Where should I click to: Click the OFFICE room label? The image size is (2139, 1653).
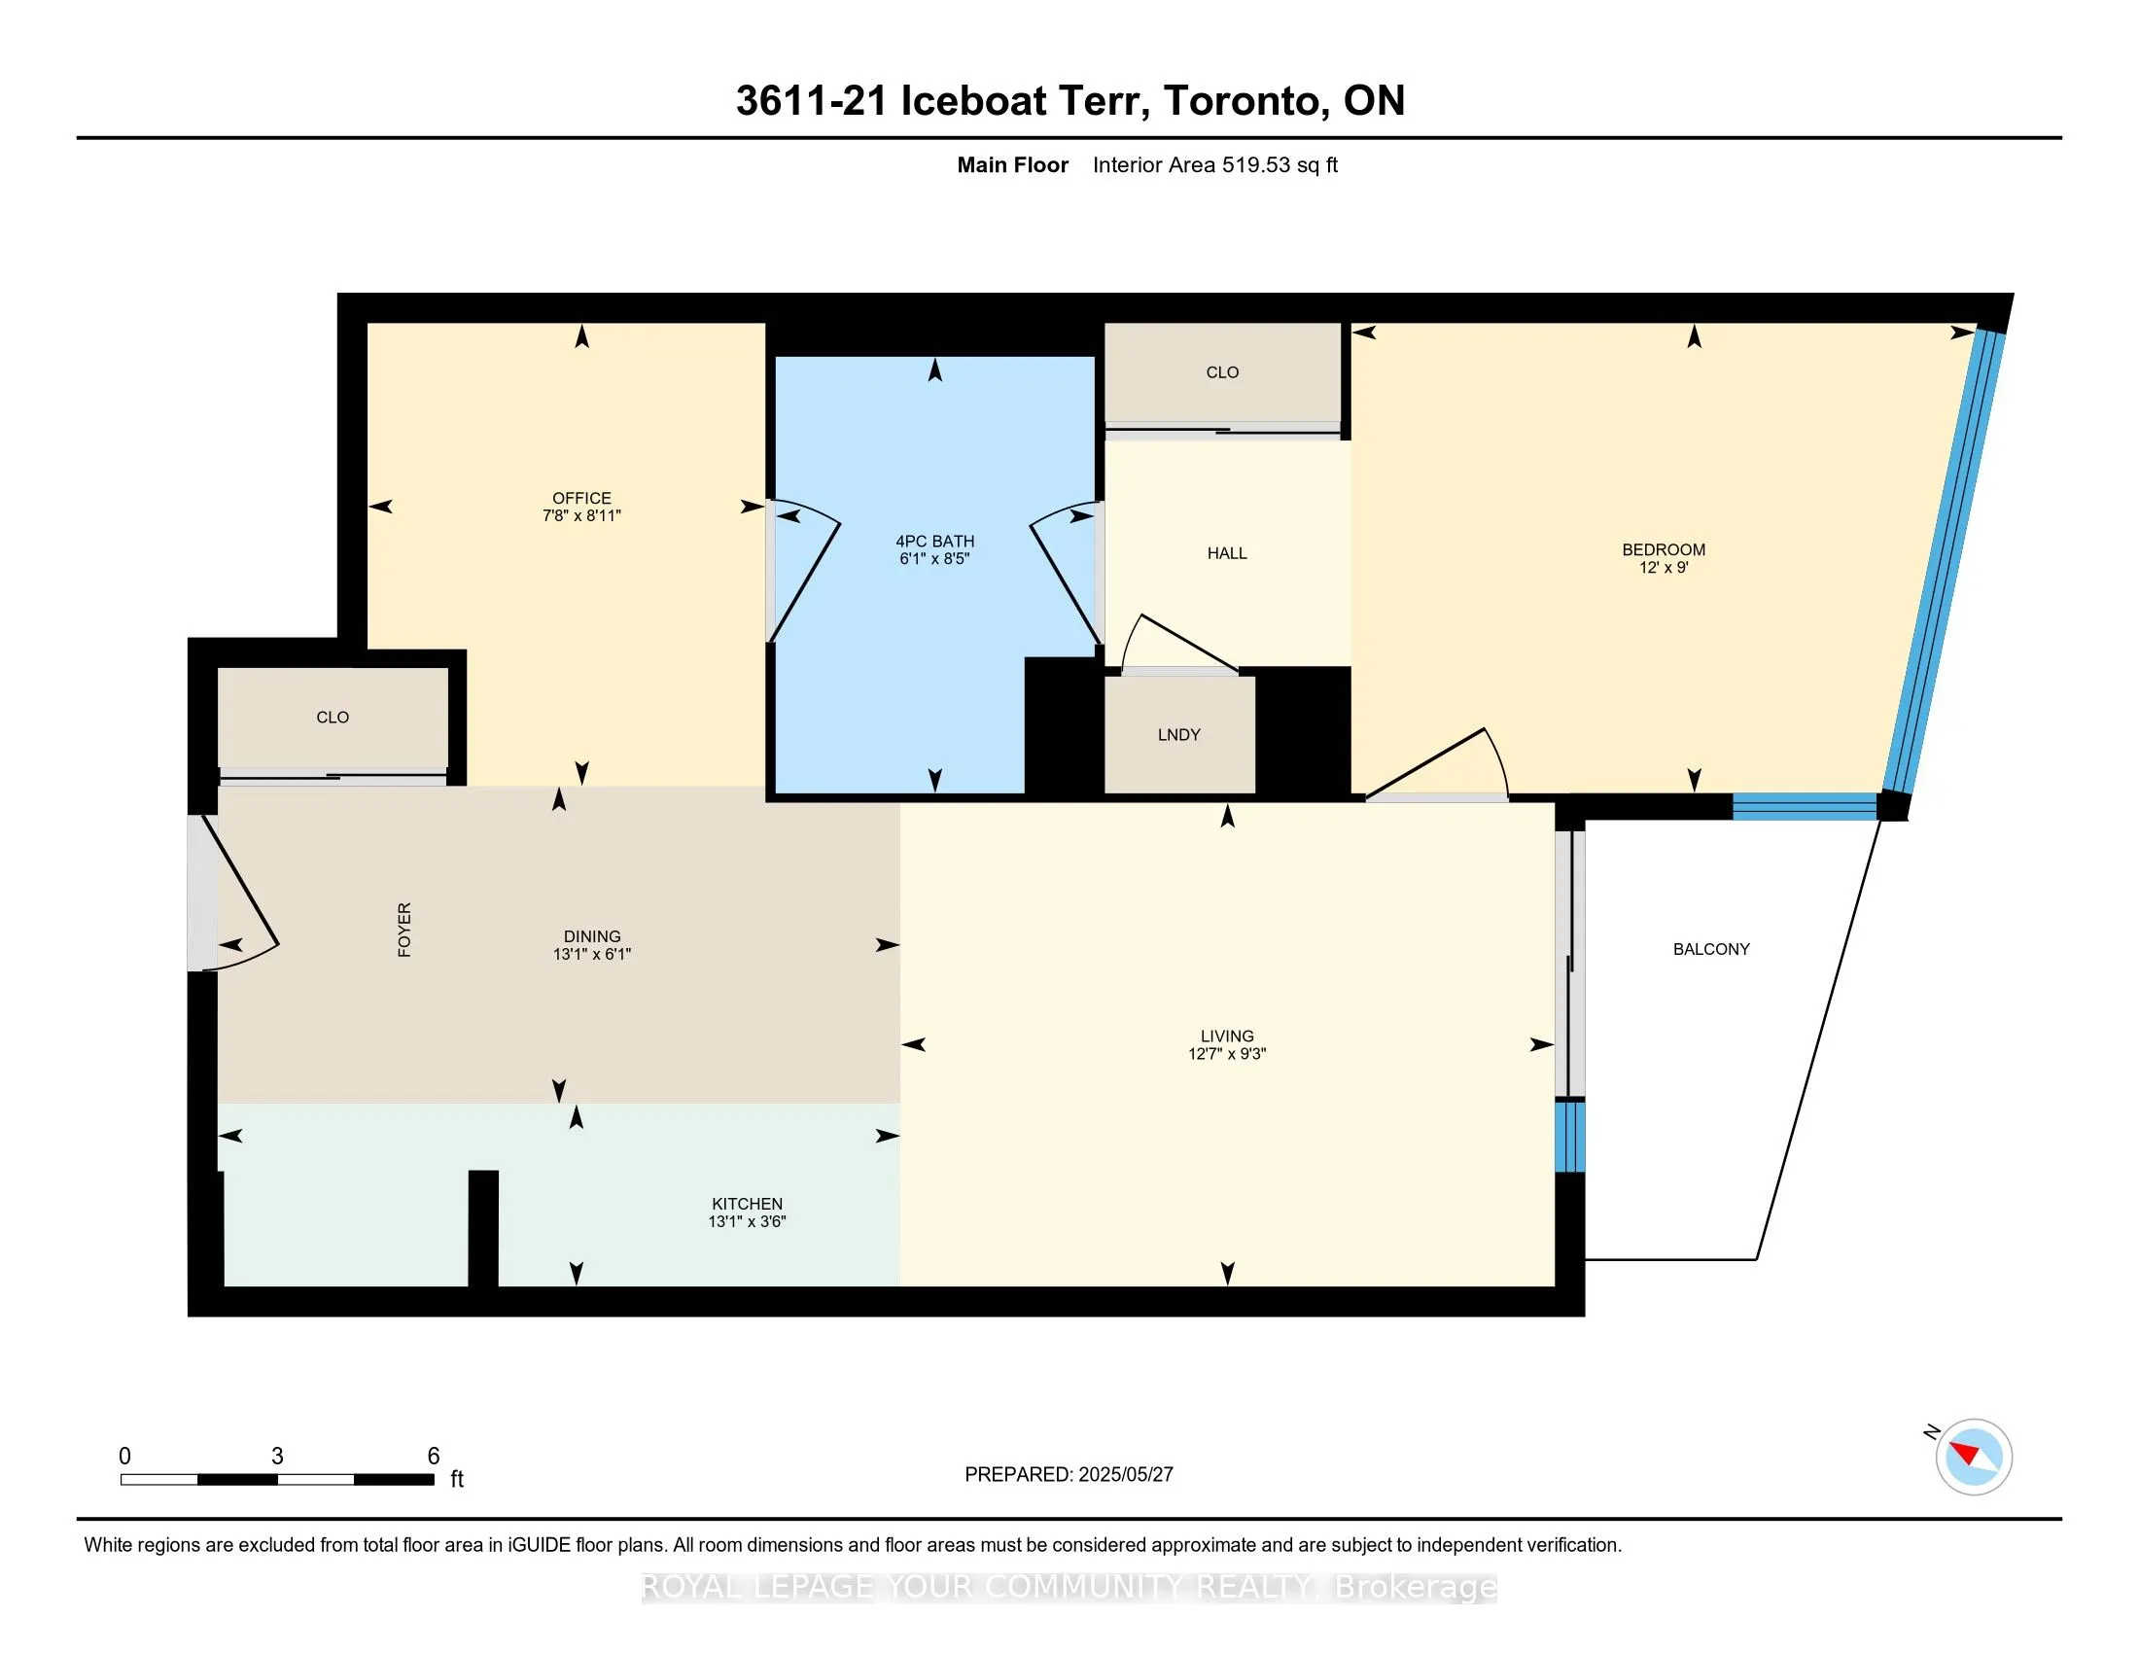tap(581, 499)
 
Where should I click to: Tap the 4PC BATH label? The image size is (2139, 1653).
tap(934, 542)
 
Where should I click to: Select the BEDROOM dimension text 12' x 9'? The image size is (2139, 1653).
tap(1663, 567)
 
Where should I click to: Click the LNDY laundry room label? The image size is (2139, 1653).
tap(1178, 734)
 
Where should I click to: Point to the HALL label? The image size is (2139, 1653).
tap(1226, 553)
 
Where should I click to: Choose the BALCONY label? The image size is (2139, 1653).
tap(1711, 949)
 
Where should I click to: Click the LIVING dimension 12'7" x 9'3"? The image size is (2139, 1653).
tap(1226, 1054)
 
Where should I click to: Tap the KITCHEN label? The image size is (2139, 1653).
tap(747, 1204)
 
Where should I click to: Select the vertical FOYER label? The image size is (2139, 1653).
tap(403, 930)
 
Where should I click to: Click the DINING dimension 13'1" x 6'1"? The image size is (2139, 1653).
tap(591, 954)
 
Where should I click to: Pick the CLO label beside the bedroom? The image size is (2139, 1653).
tap(1222, 372)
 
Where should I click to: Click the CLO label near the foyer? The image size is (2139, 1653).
tap(332, 717)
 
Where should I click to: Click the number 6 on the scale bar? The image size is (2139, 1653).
tap(433, 1457)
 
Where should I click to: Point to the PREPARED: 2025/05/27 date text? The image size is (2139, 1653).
tap(1069, 1475)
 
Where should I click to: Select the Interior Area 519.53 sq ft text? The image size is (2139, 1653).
tap(1214, 164)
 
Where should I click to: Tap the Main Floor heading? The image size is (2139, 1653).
tap(1013, 164)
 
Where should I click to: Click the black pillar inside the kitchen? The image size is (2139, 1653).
tap(483, 1228)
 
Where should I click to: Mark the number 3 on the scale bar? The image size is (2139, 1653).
tap(277, 1457)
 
